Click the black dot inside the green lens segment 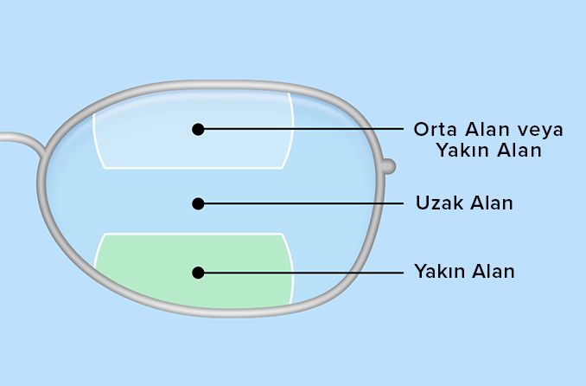point(198,272)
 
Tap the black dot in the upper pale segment point(198,129)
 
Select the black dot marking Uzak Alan point(198,203)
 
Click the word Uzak point(437,204)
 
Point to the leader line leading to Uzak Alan point(303,203)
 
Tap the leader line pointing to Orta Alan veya point(303,129)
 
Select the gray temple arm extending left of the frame point(17,138)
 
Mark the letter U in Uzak point(421,204)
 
